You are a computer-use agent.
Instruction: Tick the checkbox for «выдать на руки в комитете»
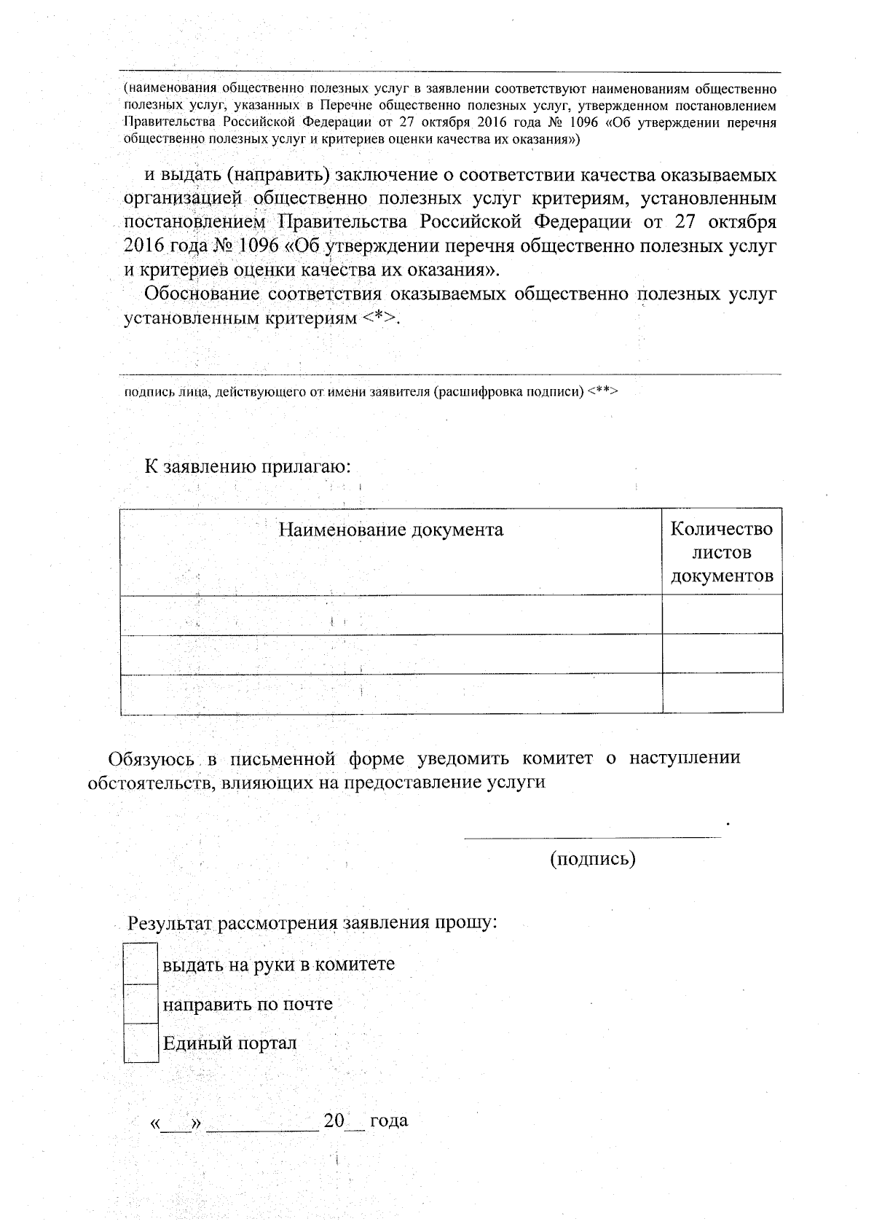click(141, 964)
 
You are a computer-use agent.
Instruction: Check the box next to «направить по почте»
click(141, 1004)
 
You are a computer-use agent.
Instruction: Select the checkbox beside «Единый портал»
click(141, 1043)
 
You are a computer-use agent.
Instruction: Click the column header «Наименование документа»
click(390, 530)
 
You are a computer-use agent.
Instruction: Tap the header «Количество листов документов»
click(721, 552)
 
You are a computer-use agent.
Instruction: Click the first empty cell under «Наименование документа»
click(390, 614)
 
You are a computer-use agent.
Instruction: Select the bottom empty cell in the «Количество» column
click(722, 693)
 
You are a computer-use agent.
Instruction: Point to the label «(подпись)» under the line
click(592, 859)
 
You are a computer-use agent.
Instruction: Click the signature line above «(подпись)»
click(592, 837)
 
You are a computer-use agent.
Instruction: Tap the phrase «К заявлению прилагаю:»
click(248, 466)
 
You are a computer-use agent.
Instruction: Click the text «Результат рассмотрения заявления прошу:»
click(313, 923)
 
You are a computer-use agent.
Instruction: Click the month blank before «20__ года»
click(262, 1123)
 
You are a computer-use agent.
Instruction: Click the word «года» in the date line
click(389, 1121)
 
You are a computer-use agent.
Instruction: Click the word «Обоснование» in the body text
click(202, 294)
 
